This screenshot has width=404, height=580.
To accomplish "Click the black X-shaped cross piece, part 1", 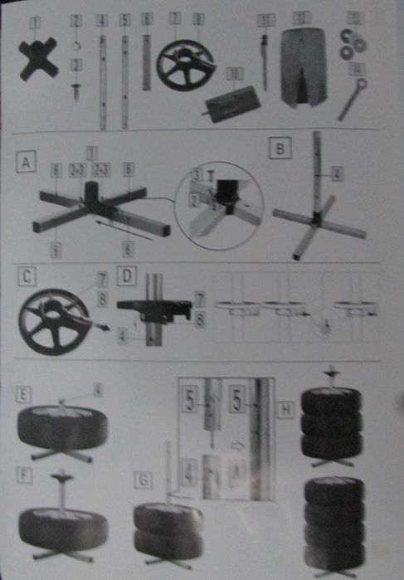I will (38, 58).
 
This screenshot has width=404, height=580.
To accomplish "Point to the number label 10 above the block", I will (234, 74).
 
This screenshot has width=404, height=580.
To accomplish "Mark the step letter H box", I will (285, 408).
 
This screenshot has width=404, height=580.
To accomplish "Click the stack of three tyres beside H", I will (331, 423).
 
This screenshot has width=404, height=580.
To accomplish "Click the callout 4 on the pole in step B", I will (335, 175).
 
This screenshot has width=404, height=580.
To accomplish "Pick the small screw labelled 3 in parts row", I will (76, 87).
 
